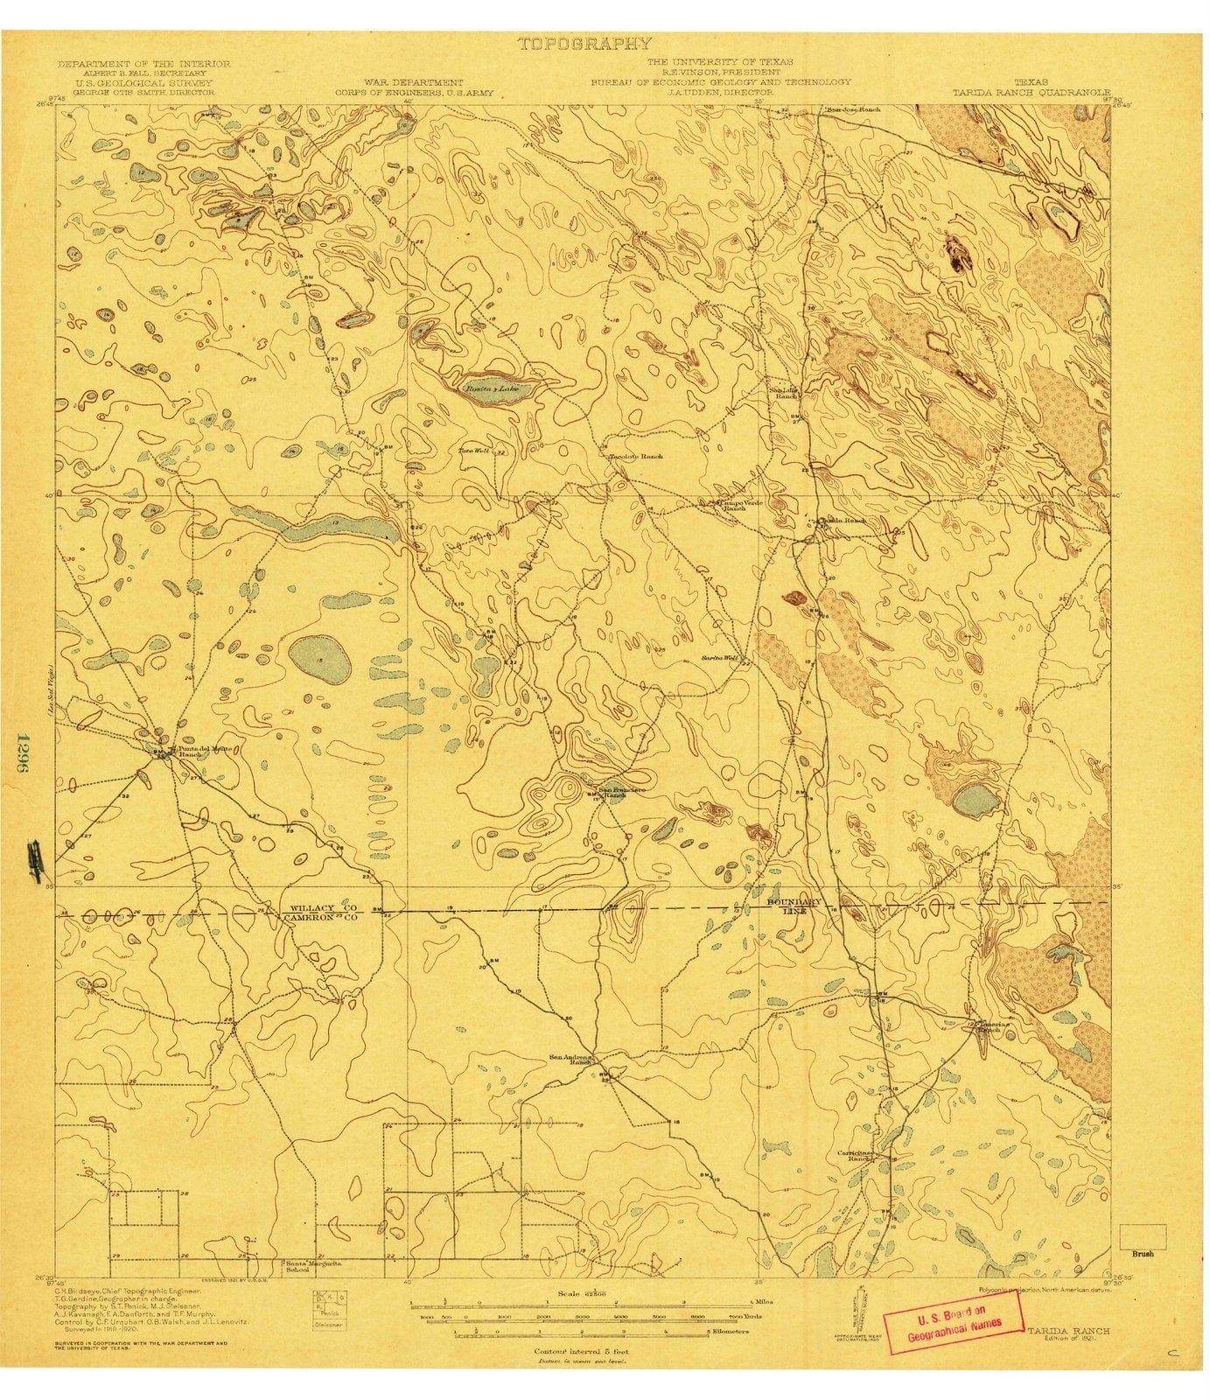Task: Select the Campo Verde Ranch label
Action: tap(733, 506)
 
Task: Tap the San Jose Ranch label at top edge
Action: tap(853, 109)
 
